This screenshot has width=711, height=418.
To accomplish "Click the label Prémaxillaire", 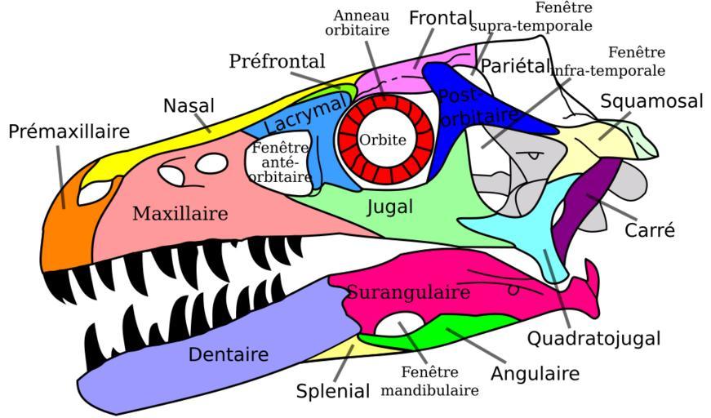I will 69,131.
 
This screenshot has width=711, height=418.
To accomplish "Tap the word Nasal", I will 189,105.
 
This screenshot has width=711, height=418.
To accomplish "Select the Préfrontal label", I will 277,61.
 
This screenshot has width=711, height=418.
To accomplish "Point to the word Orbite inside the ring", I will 383,140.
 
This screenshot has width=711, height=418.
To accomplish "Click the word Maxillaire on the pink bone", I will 180,214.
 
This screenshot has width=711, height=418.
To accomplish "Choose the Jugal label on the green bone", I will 389,207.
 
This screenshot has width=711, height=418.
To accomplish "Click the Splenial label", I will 333,391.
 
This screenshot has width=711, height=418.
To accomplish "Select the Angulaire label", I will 535,374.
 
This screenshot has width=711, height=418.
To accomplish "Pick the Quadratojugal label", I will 593,338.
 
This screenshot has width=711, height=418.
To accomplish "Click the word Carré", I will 650,230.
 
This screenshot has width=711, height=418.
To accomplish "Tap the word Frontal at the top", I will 441,18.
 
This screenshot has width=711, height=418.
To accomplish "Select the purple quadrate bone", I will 585,204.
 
